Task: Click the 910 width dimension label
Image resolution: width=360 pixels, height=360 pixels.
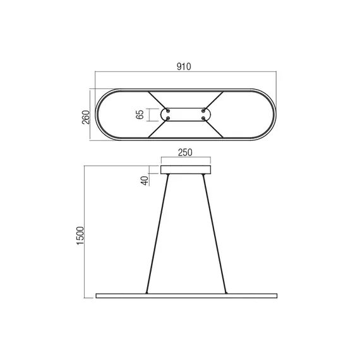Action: (184, 66)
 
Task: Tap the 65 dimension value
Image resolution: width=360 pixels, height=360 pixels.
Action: (140, 115)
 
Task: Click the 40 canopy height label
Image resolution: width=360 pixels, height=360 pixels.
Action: (144, 180)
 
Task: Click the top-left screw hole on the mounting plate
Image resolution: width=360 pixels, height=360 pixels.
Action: (167, 111)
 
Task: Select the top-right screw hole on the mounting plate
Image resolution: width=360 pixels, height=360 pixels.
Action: (203, 111)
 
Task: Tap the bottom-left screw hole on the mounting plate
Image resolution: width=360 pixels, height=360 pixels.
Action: (167, 118)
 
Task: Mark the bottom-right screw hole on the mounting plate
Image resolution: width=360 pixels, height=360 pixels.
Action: (203, 118)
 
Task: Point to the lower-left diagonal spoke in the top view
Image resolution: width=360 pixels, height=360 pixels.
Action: (157, 129)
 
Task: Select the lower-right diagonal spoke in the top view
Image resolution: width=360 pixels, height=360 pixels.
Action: (214, 129)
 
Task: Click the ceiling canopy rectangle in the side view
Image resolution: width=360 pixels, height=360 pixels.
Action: (186, 169)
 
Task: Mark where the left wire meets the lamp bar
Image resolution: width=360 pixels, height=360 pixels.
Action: (147, 292)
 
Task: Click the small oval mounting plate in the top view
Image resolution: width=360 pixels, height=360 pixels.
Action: (186, 115)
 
